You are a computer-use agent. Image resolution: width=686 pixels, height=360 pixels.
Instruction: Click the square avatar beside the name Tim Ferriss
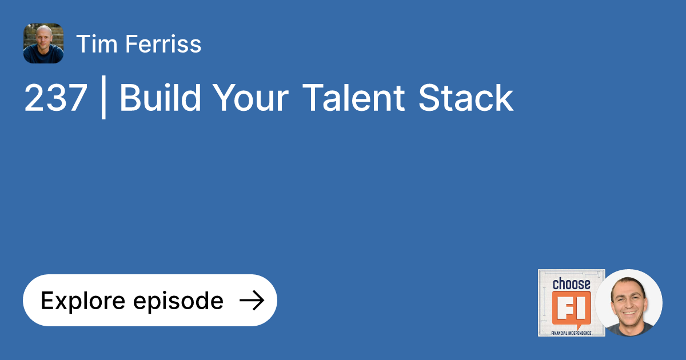point(43,43)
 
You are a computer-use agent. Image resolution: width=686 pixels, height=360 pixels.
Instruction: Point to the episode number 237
point(55,98)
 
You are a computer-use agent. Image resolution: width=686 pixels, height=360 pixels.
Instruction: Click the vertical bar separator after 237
point(103,99)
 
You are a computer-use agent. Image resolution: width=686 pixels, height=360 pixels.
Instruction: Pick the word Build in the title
point(160,98)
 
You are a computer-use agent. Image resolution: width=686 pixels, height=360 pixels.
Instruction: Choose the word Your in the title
point(251,98)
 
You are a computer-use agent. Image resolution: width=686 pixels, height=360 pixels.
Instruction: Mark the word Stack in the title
point(466,98)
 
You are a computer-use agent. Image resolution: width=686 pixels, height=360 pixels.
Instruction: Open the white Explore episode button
point(150,300)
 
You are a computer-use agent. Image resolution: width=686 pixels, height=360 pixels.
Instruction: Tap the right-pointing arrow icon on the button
point(251,300)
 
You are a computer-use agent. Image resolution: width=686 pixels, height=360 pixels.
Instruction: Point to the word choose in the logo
point(571,284)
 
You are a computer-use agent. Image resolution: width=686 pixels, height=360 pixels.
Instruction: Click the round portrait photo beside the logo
point(628,303)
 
